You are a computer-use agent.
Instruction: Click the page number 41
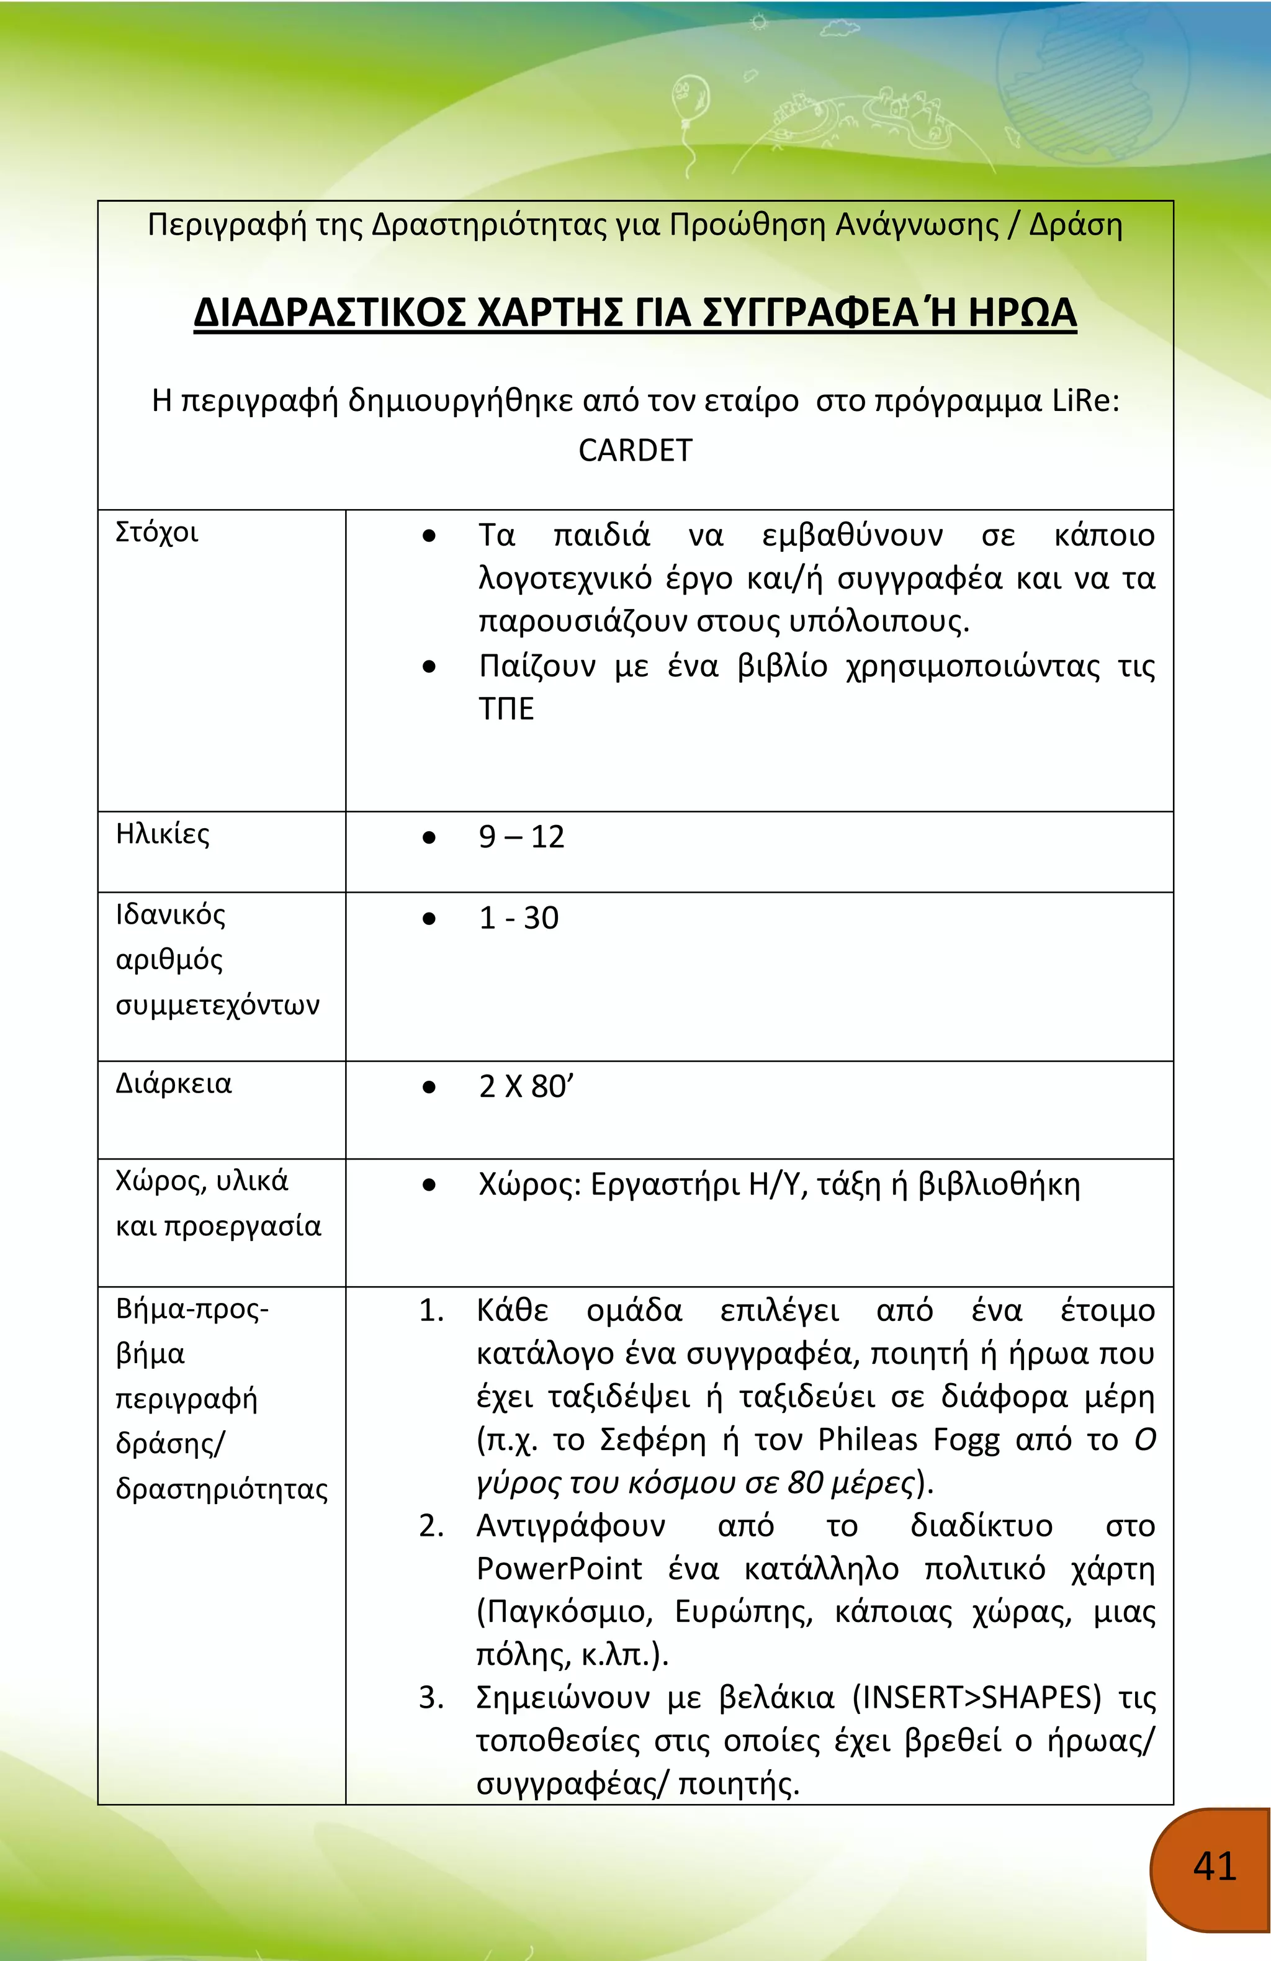1214,1865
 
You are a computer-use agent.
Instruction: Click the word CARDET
635,451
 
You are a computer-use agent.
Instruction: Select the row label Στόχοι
156,532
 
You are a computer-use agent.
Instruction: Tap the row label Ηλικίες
162,834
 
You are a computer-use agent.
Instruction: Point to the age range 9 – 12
521,837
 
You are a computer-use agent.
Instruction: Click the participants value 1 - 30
518,918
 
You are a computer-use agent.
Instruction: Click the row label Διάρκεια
173,1083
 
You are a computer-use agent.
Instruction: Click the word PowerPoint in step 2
559,1568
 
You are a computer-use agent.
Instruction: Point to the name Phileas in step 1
868,1440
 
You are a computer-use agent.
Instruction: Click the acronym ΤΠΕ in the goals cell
506,708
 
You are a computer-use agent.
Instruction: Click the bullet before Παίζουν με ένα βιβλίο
428,667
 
